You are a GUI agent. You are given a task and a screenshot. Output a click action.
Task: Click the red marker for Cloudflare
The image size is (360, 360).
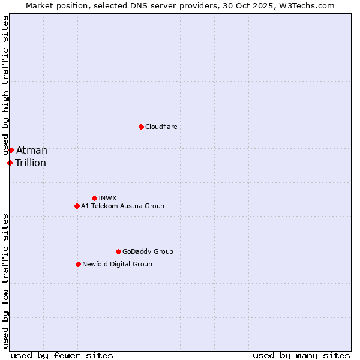(141, 127)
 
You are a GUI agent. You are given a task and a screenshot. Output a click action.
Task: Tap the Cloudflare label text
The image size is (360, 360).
(161, 127)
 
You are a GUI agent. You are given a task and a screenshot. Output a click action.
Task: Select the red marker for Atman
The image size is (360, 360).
(11, 150)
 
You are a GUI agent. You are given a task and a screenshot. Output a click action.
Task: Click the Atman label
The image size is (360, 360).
(31, 150)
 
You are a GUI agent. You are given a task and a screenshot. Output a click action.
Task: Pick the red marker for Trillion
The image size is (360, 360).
(10, 163)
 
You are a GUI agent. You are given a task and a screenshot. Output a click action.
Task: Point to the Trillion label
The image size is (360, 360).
(31, 163)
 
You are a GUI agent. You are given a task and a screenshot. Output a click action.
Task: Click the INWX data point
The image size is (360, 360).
(94, 198)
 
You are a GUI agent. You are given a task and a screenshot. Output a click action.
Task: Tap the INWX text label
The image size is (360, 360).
(107, 198)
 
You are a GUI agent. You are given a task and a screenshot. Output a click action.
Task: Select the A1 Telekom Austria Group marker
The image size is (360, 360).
(77, 206)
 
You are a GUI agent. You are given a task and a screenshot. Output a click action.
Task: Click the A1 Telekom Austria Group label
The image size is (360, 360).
(122, 206)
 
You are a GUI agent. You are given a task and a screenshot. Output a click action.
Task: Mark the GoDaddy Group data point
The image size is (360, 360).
(118, 251)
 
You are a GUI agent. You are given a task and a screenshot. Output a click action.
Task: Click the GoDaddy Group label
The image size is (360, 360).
(148, 251)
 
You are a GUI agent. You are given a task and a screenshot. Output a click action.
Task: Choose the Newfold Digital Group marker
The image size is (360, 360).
(78, 264)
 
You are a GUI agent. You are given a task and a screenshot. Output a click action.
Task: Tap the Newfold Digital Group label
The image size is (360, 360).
(117, 264)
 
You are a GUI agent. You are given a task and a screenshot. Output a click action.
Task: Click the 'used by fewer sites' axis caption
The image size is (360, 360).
(62, 355)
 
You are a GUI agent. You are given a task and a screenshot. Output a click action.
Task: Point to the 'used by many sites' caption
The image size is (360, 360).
(301, 355)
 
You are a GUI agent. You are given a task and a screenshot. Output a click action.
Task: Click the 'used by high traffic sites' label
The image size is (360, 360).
(5, 86)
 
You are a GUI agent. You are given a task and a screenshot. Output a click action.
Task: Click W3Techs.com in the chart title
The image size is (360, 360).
(309, 5)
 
